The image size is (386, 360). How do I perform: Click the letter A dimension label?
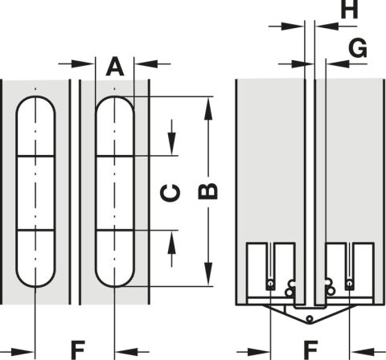[x=115, y=67]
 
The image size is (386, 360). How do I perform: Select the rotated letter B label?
[x=207, y=191]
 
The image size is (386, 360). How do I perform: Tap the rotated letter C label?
[x=170, y=193]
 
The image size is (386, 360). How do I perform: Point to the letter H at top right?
[x=349, y=10]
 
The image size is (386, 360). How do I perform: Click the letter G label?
[x=358, y=48]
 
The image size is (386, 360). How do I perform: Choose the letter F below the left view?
[x=78, y=350]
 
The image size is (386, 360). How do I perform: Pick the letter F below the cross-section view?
[x=311, y=350]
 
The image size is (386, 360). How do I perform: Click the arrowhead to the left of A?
[x=84, y=63]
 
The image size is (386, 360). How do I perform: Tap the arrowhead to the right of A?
[x=146, y=63]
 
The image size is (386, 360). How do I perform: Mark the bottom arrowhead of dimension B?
[x=208, y=274]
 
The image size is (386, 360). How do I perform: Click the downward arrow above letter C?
[x=172, y=137]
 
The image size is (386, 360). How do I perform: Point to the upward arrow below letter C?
[x=172, y=248]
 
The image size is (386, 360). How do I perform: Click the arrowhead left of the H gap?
[x=293, y=27]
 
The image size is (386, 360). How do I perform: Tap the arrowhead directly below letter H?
[x=327, y=27]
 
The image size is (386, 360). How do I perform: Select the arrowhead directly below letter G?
[x=338, y=63]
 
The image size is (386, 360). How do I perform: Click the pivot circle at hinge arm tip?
[x=310, y=319]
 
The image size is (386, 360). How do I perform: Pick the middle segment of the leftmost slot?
[x=35, y=193]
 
